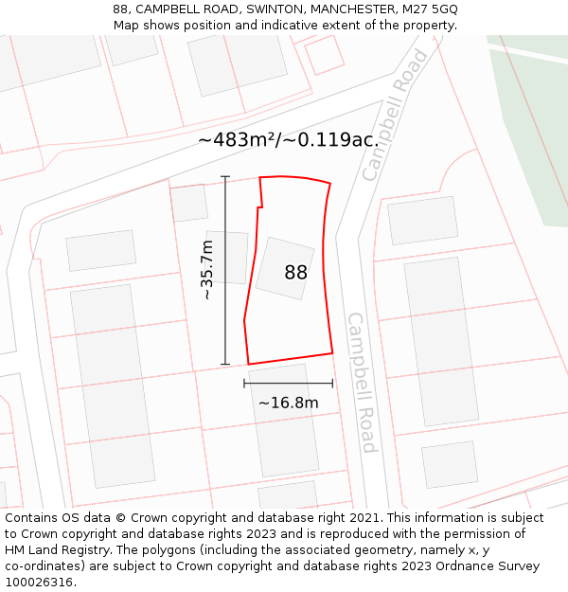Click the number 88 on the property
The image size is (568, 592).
tap(295, 273)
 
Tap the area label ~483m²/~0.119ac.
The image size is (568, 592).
tap(288, 139)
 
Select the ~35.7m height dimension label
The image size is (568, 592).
tap(206, 270)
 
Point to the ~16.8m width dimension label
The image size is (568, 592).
tap(288, 403)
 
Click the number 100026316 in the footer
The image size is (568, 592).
tap(38, 583)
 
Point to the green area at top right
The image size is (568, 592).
tap(535, 133)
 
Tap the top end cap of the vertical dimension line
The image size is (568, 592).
tap(225, 177)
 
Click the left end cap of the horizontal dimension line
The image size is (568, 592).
tap(244, 384)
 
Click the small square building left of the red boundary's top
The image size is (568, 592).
tap(189, 203)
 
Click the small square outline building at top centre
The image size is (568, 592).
tap(323, 55)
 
